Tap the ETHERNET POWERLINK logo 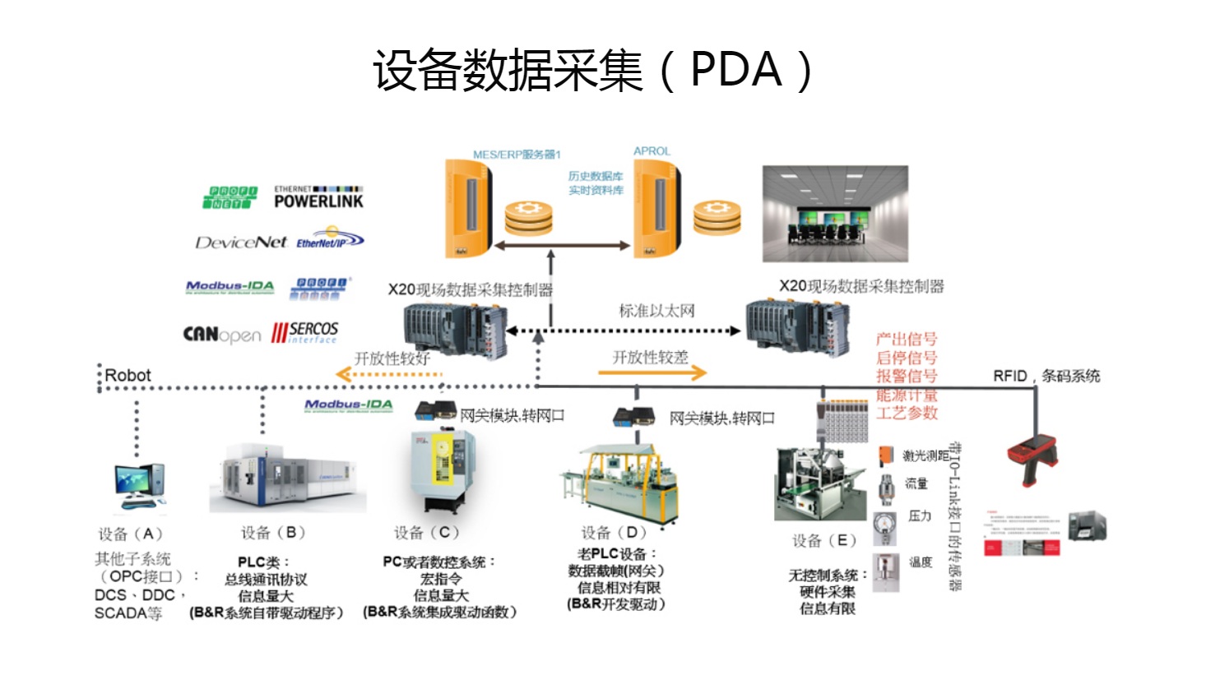(318, 197)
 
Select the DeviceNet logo (241, 243)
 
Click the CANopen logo (221, 335)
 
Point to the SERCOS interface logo (305, 332)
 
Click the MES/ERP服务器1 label (516, 155)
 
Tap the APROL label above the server (652, 151)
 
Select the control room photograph (835, 213)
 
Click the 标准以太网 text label (656, 311)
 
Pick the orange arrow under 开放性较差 (652, 373)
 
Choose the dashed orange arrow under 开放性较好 (389, 375)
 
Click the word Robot (128, 376)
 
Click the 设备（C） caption (426, 533)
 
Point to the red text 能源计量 (907, 395)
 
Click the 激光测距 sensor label (925, 455)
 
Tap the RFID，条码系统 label (1046, 376)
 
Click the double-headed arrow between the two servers (562, 245)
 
